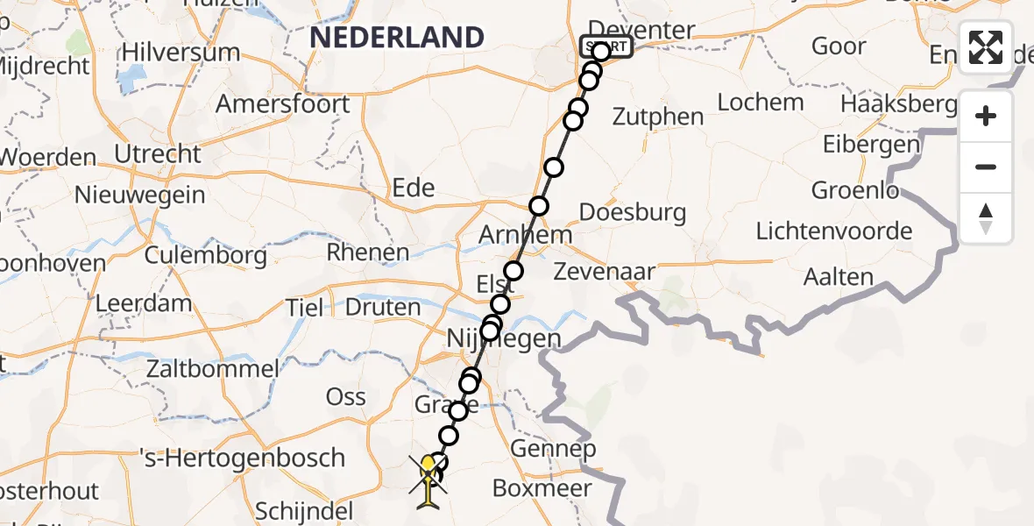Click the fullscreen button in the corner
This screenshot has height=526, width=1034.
pos(986,47)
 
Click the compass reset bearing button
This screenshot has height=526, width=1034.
pos(986,218)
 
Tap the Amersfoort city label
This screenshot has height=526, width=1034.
pos(282,104)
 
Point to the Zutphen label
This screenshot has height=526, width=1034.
pos(658,117)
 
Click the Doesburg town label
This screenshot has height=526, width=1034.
pos(632,212)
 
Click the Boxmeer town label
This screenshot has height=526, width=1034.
pos(542,488)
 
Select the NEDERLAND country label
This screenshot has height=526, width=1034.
pos(397,38)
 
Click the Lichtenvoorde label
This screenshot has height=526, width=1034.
pos(833,231)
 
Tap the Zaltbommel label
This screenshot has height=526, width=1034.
pos(214,368)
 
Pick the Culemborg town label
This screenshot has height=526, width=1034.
pos(206,256)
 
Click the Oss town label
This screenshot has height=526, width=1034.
pos(345,396)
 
